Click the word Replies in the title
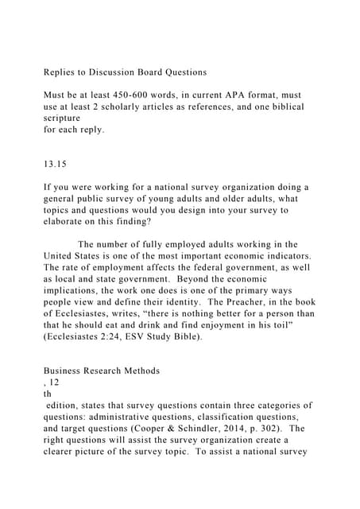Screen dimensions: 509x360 (x=62, y=72)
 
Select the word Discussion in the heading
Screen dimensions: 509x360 (x=123, y=72)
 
